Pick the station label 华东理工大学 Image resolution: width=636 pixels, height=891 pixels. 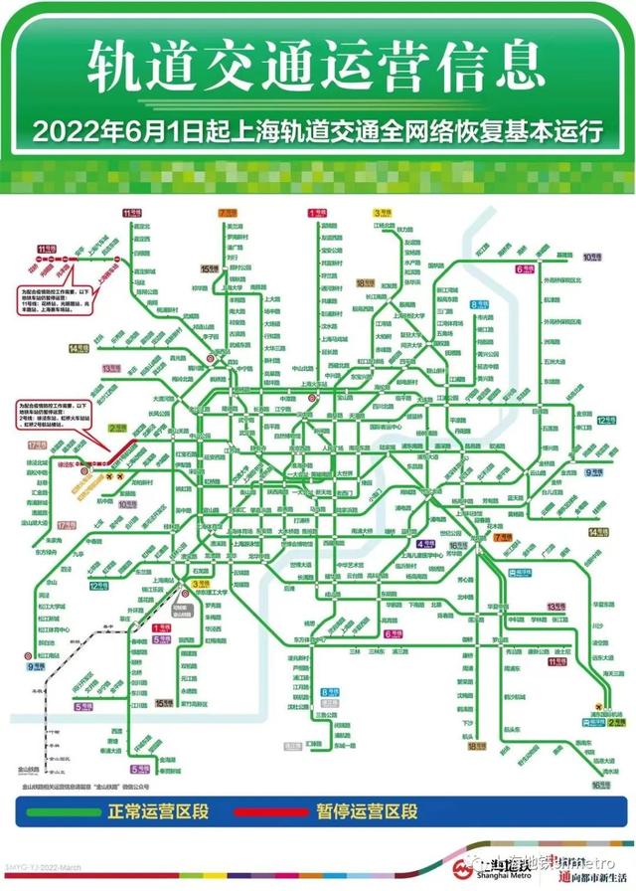click(215, 594)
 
